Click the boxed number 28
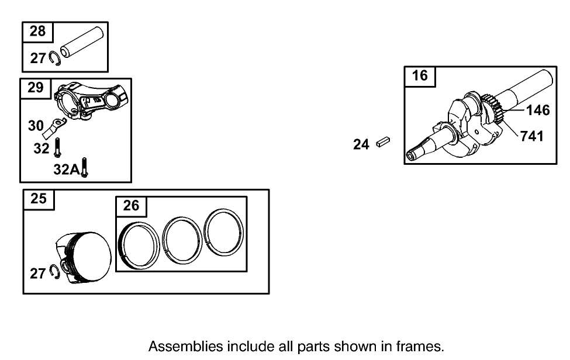click(37, 32)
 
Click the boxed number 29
click(36, 88)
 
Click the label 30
click(36, 126)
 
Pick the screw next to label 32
click(58, 147)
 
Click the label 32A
click(65, 169)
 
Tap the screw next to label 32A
click(85, 168)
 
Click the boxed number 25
click(38, 199)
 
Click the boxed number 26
click(132, 206)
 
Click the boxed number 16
click(420, 76)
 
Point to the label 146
click(538, 110)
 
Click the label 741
click(532, 136)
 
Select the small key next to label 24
click(384, 142)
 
